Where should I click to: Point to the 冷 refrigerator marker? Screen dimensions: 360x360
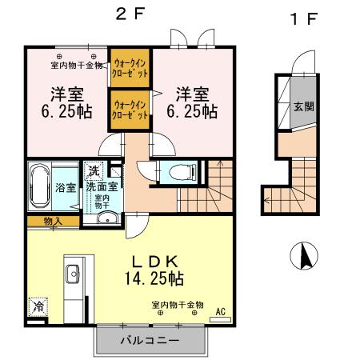(x=38, y=305)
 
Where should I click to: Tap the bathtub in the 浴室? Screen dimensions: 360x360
(x=42, y=186)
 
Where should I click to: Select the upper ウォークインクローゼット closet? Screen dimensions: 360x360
(x=130, y=66)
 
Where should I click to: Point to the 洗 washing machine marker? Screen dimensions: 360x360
(x=94, y=170)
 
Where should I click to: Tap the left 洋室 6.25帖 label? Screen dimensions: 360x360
(x=60, y=102)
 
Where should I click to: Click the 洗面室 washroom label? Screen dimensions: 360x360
(x=104, y=186)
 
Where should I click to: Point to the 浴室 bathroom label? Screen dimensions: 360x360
(x=66, y=187)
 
